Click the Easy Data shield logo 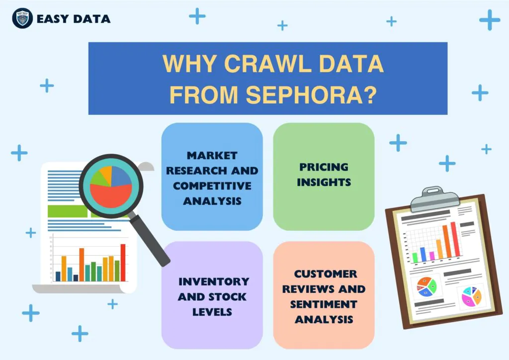(22, 18)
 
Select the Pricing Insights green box (324, 177)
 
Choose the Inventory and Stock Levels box (212, 295)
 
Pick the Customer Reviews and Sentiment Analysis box (324, 295)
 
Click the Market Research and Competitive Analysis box (212, 177)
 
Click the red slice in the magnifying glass (111, 196)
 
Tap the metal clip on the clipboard (435, 199)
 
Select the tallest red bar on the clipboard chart (455, 239)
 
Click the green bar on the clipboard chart (415, 258)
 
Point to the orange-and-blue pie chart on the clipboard (426, 287)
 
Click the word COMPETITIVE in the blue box (212, 186)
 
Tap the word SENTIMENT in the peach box (324, 304)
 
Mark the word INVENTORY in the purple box (214, 281)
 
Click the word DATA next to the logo (92, 19)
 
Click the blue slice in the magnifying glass (121, 176)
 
